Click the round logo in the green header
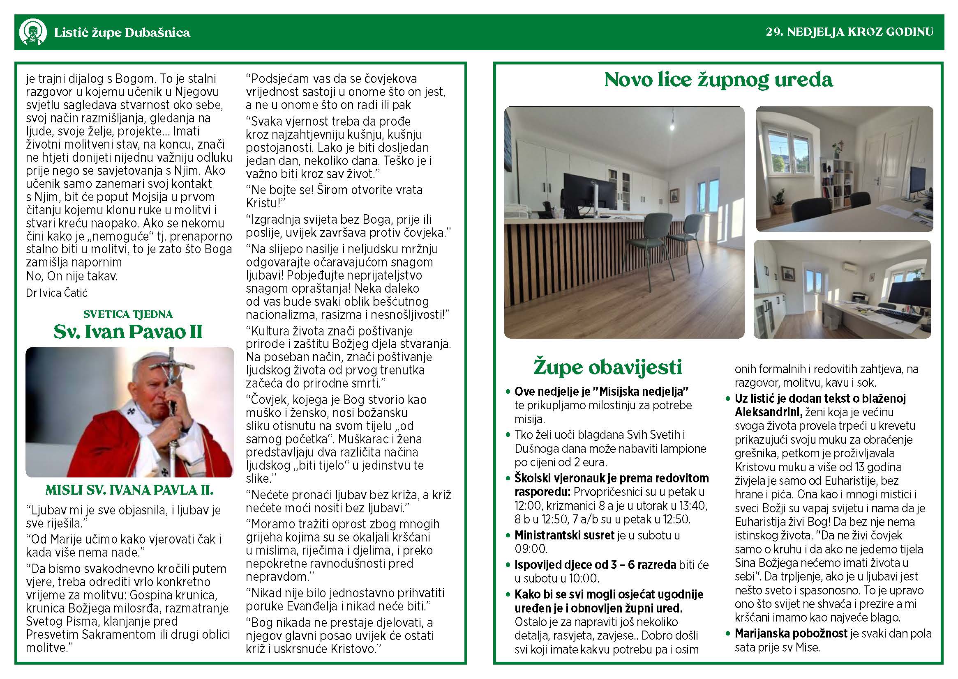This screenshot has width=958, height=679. (x=32, y=32)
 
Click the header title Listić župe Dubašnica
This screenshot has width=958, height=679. (x=122, y=32)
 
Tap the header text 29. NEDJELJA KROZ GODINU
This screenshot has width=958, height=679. (x=849, y=32)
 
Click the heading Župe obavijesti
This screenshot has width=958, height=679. (x=608, y=367)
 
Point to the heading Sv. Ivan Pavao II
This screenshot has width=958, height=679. (x=128, y=332)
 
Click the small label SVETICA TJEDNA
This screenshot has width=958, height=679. (x=128, y=314)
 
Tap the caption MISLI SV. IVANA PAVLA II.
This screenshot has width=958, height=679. (x=129, y=490)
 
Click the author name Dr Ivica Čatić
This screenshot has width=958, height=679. (x=56, y=293)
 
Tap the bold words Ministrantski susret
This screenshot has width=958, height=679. (x=564, y=535)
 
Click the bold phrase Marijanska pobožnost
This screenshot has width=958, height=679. (x=791, y=634)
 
